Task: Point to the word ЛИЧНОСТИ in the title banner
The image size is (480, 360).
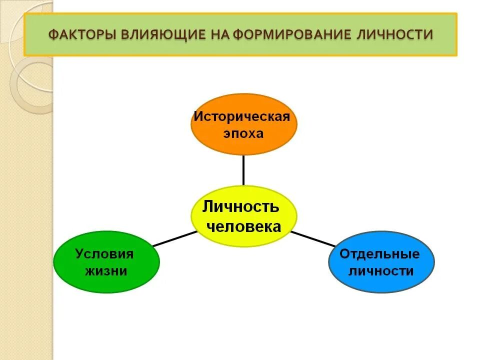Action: click(x=396, y=35)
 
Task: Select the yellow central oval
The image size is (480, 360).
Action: click(x=243, y=216)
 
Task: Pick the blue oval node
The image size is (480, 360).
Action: click(x=381, y=262)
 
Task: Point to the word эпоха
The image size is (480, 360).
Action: click(x=242, y=133)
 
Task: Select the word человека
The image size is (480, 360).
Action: click(x=244, y=226)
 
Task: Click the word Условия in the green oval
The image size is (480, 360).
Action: click(x=105, y=253)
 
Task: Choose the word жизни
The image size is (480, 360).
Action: click(x=105, y=271)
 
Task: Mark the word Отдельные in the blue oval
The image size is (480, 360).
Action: click(x=380, y=253)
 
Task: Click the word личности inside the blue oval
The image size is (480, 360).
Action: click(x=381, y=271)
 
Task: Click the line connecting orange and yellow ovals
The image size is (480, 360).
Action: click(x=243, y=170)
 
